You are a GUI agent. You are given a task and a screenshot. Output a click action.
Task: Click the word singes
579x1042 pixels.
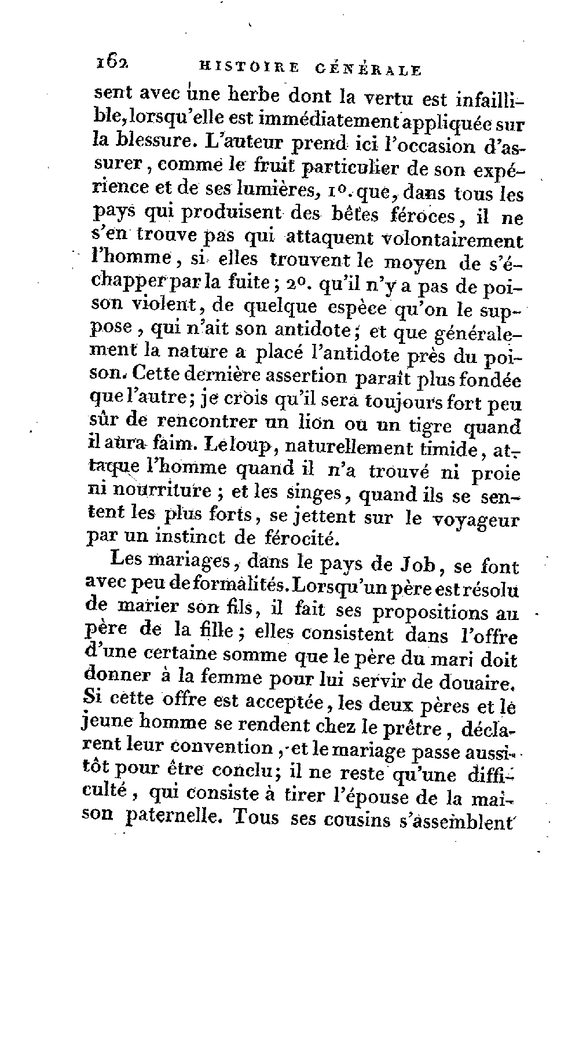[316, 495]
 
